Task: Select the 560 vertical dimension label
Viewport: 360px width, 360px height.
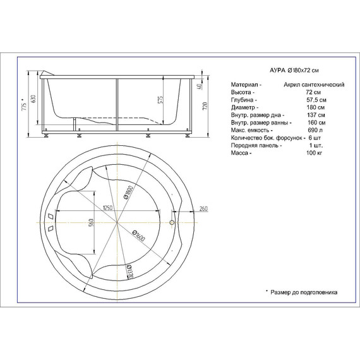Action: (92, 225)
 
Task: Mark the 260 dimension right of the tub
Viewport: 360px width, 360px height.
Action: (203, 208)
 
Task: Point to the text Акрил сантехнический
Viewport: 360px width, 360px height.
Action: (313, 83)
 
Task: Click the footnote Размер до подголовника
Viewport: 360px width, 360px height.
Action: (304, 292)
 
